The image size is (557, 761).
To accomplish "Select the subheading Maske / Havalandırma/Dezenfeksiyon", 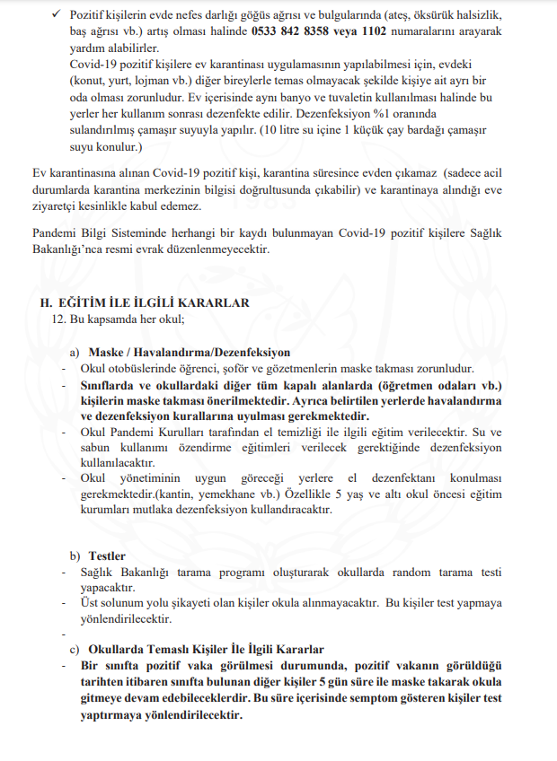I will (x=189, y=352).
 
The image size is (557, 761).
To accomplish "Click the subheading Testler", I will (x=106, y=555).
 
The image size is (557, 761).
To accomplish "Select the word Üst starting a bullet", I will (x=90, y=603).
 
